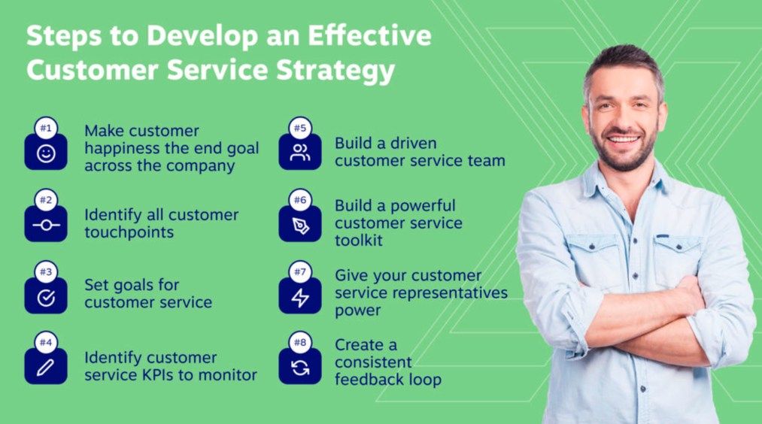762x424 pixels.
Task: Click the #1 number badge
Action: tap(46, 129)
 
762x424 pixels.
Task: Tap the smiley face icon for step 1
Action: tap(46, 153)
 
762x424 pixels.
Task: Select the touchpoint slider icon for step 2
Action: tap(46, 225)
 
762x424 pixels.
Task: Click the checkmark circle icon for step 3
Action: tap(46, 298)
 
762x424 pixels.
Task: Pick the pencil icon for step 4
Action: tap(46, 368)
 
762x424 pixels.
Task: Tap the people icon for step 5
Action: tap(299, 153)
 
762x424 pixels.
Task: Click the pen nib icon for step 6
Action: tap(299, 226)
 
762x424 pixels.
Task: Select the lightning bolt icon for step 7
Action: tap(299, 298)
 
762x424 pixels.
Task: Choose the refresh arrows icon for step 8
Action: tap(299, 368)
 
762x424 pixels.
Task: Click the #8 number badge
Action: tap(299, 343)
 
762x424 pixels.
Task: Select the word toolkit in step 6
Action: tap(359, 241)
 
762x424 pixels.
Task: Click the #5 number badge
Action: tap(299, 129)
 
